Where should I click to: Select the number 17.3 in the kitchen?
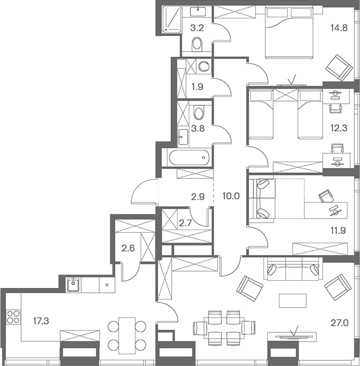point(42,319)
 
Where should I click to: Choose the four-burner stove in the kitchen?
point(13,318)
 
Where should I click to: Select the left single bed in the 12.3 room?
point(262,114)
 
